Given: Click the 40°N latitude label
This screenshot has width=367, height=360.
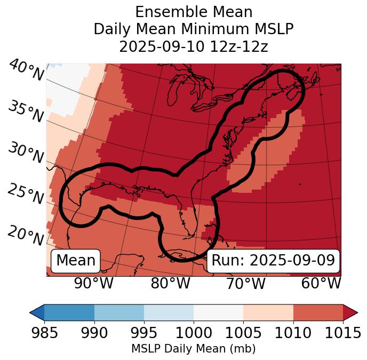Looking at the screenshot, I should (26, 71).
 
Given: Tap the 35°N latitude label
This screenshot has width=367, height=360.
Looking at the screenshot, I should (26, 112).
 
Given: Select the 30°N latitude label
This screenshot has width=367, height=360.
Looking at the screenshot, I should (26, 154).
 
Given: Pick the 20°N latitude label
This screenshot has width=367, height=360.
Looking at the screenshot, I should (26, 236).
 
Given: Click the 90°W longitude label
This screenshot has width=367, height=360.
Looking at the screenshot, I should (94, 284).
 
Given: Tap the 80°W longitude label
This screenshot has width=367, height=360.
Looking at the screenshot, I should (170, 284).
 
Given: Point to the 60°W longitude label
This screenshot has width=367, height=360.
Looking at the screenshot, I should (321, 284).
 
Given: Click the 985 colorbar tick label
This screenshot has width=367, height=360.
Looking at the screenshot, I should (44, 333).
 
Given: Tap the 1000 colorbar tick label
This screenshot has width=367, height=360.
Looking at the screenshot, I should (194, 333).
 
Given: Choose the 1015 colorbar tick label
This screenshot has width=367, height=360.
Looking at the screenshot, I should (343, 333).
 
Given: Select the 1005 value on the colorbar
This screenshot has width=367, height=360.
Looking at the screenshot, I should (243, 333).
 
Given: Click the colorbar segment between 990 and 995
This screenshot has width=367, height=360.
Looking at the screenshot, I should (119, 312).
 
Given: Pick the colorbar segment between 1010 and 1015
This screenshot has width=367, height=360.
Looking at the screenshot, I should (318, 312).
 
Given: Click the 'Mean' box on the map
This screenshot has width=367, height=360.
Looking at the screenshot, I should (76, 261).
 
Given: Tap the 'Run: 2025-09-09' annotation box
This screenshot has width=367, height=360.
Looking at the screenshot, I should (273, 261).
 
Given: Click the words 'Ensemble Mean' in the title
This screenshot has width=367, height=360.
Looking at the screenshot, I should (194, 12).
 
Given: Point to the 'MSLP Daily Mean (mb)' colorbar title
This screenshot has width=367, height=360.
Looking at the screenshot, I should (194, 349).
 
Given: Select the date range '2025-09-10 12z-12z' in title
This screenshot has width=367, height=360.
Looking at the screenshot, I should (194, 46).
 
